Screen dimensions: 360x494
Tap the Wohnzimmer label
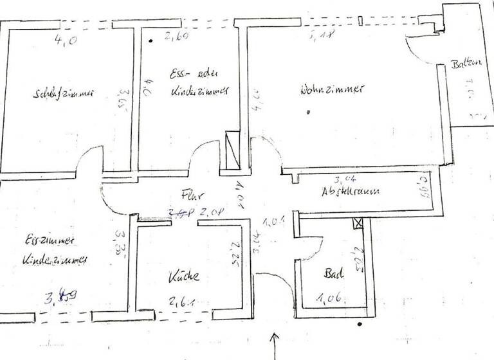pyautogui.click(x=331, y=90)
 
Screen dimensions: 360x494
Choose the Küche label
pyautogui.click(x=184, y=277)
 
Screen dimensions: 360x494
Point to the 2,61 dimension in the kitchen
pyautogui.click(x=181, y=300)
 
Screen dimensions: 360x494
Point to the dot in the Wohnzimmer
pyautogui.click(x=309, y=113)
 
